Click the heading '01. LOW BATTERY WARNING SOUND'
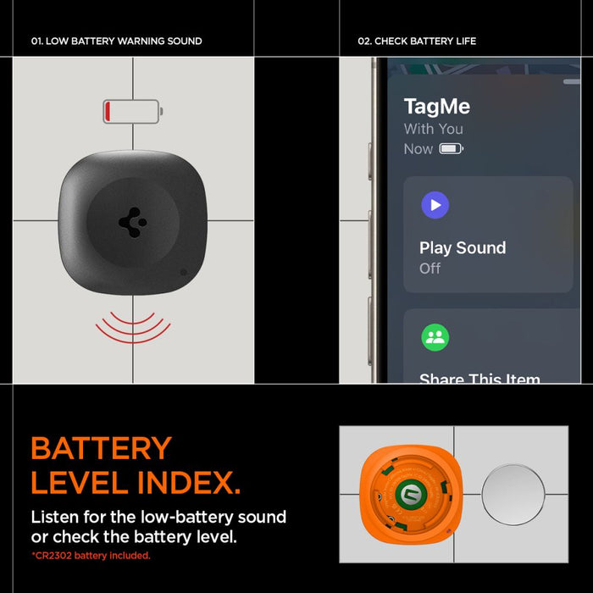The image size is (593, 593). tap(116, 41)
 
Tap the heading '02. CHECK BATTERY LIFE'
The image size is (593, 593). tap(417, 41)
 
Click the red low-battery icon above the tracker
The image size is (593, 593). tap(132, 111)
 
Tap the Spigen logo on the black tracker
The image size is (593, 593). tap(132, 221)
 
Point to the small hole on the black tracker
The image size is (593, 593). tap(184, 273)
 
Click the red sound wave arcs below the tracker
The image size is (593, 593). tap(133, 326)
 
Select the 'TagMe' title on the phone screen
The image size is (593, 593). tap(436, 107)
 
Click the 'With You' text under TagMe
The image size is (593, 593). tap(433, 129)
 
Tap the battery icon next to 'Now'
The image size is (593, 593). tap(451, 149)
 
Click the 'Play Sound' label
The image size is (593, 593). tap(462, 247)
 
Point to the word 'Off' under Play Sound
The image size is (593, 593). tap(430, 268)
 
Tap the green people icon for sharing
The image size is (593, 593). tap(435, 337)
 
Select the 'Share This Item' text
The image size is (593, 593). tap(479, 379)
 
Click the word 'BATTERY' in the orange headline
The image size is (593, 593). tap(101, 448)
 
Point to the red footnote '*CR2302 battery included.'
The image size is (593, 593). tap(91, 556)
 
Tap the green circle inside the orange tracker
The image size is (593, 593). tap(409, 495)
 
